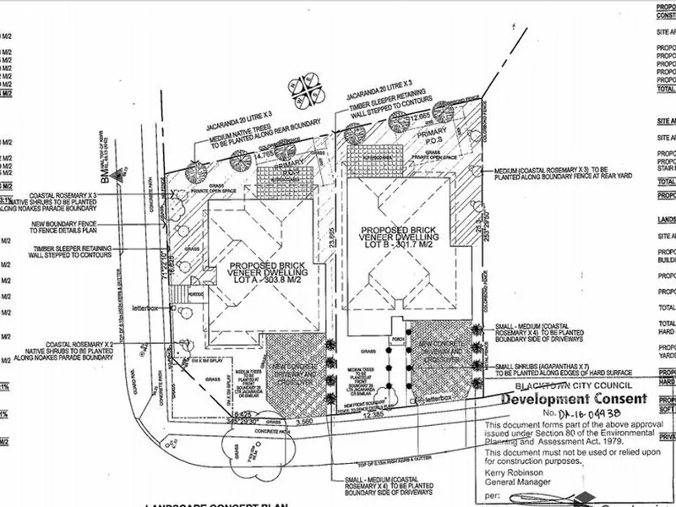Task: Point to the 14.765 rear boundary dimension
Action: click(x=259, y=155)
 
